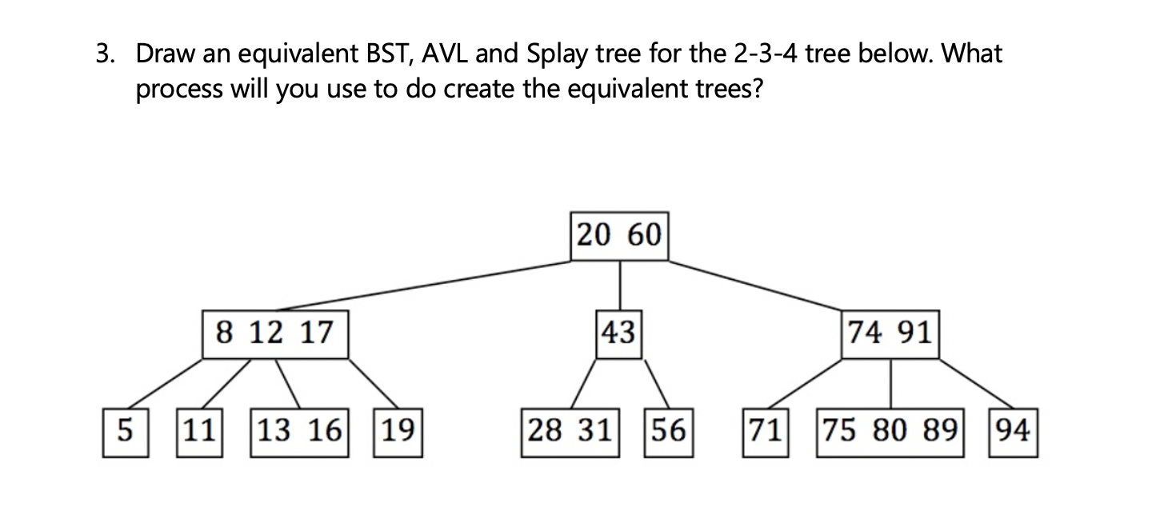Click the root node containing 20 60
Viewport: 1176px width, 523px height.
tap(619, 236)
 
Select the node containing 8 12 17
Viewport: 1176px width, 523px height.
tap(274, 333)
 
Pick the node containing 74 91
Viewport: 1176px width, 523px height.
tap(890, 333)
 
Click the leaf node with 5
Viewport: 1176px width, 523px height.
tap(125, 433)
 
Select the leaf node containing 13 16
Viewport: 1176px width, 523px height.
tap(299, 433)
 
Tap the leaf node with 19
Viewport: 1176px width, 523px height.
tap(398, 433)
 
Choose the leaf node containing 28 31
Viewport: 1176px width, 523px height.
tap(570, 433)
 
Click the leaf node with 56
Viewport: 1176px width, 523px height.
tap(668, 433)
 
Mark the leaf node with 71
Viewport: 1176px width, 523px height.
tap(765, 433)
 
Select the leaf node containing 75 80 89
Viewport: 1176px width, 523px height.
tap(890, 433)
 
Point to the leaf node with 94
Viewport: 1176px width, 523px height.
tap(1013, 433)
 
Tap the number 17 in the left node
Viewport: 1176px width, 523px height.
tap(316, 333)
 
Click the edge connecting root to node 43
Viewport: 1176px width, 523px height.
tap(620, 284)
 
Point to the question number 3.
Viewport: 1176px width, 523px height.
tap(102, 55)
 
